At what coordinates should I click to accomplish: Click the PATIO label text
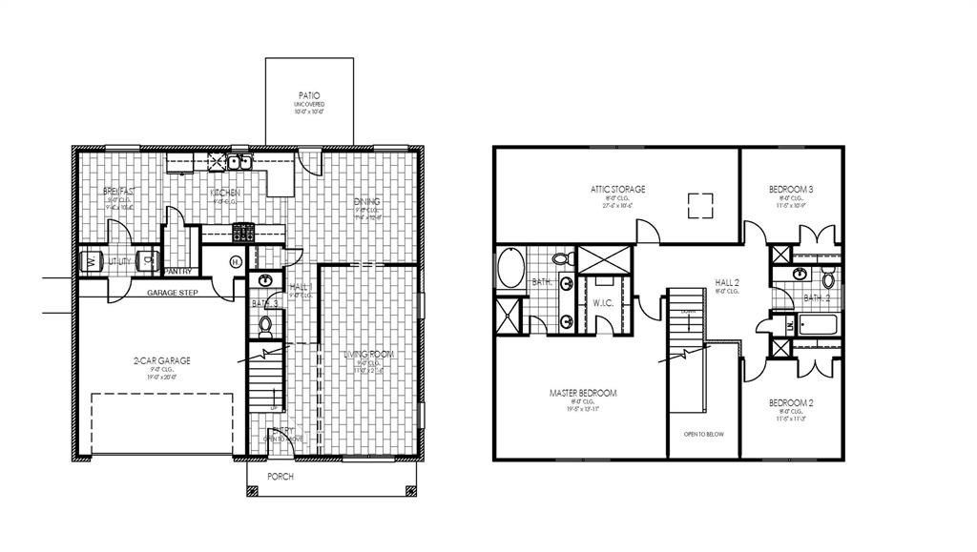(308, 96)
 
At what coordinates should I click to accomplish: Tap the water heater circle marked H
(236, 262)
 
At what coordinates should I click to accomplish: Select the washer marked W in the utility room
(93, 259)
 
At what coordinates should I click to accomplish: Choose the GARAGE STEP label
(172, 293)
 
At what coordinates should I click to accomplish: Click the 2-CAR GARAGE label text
(161, 360)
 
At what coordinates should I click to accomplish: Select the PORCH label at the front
(280, 477)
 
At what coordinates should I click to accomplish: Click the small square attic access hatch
(701, 202)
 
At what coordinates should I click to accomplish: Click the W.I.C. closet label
(601, 304)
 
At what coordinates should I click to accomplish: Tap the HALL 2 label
(727, 282)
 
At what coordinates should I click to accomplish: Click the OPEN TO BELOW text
(703, 434)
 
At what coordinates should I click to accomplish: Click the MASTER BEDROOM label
(582, 393)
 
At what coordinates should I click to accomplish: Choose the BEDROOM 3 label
(791, 190)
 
